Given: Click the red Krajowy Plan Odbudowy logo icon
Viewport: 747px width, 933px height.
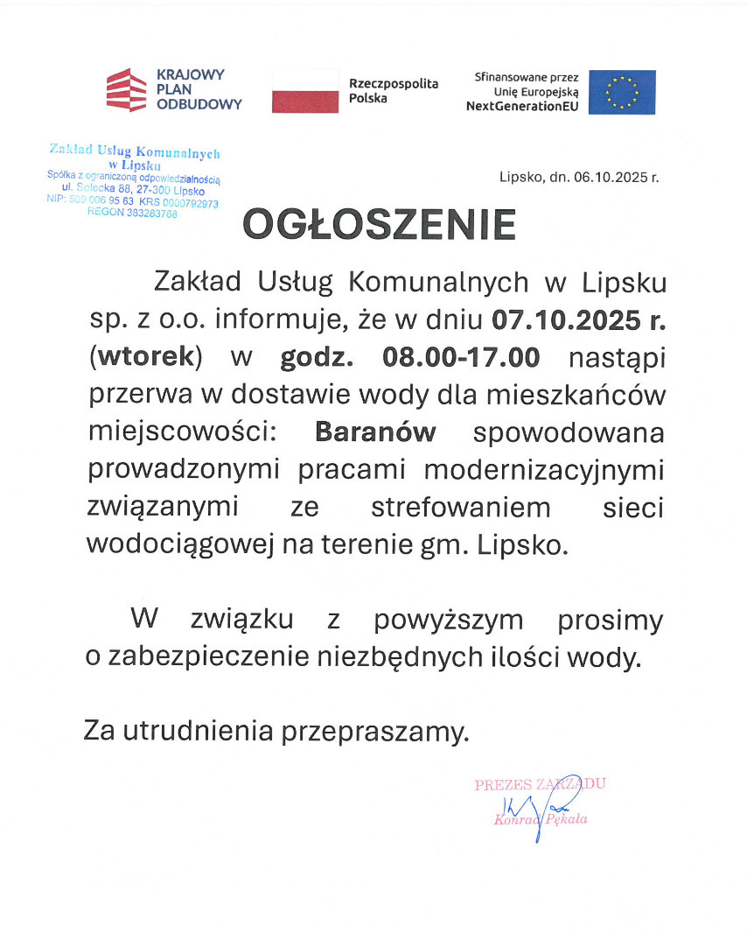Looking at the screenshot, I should tap(126, 90).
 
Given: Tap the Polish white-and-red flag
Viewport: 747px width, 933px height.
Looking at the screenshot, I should tap(305, 90).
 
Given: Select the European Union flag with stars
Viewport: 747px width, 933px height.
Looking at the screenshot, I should tap(622, 92).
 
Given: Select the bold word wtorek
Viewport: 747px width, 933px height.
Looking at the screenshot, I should tap(146, 358).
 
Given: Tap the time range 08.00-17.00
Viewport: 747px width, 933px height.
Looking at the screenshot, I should tap(461, 358).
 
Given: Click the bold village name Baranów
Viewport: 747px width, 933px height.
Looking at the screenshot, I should tap(375, 432).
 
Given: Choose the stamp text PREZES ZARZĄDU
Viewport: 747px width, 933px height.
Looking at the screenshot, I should tap(540, 785).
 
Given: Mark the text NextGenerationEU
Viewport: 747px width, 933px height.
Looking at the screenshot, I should tap(523, 106).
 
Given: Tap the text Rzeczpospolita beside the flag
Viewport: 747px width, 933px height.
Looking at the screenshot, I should tap(393, 83).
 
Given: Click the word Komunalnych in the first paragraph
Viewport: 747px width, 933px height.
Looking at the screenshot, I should tap(438, 283).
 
